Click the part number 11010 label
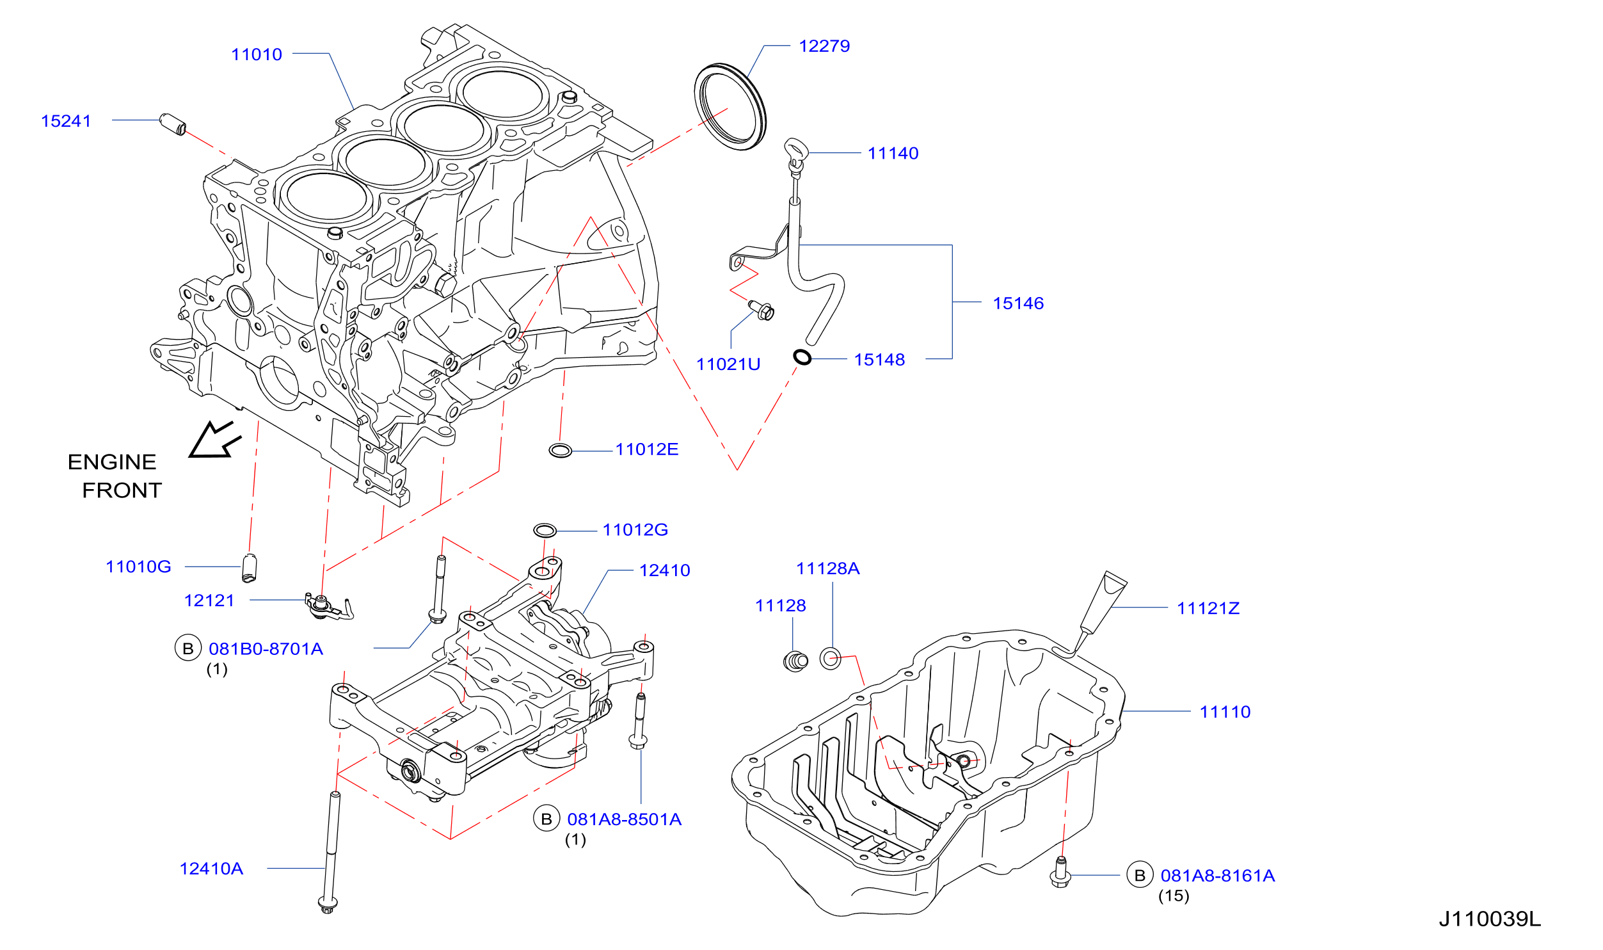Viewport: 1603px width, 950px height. (257, 54)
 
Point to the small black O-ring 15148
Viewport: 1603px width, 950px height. (802, 357)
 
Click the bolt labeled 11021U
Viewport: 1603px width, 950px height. (762, 310)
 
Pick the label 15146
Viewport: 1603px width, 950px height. (1018, 303)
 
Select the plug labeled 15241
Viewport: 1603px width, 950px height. (173, 124)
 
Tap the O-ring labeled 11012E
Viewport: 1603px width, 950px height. (561, 450)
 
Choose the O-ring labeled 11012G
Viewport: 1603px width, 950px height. (545, 530)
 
